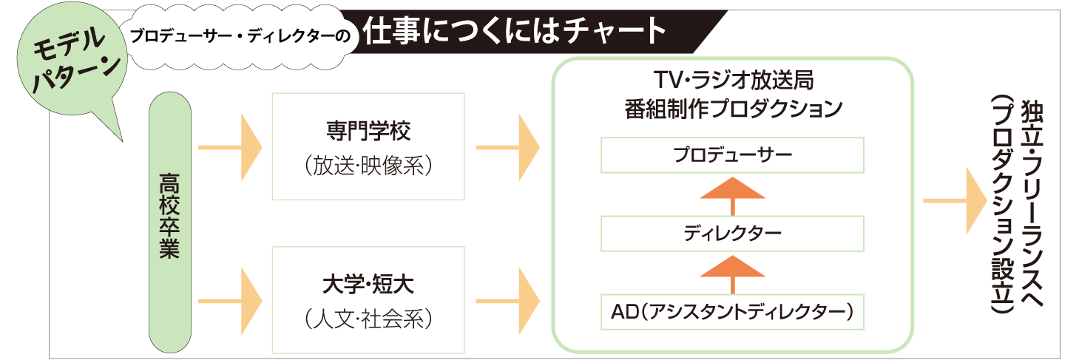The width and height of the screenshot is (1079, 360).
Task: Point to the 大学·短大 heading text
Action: point(368,284)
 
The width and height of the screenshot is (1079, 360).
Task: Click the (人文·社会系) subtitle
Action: point(368,319)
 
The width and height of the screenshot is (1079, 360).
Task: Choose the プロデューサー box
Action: point(732,155)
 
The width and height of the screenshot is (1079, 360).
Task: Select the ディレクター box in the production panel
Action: point(732,234)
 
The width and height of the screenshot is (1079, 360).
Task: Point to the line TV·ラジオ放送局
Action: point(732,80)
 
